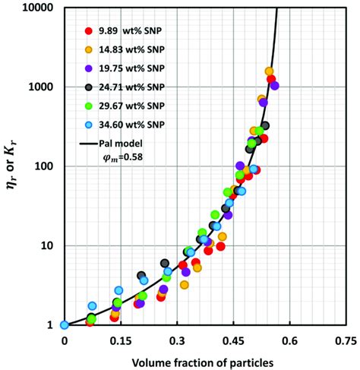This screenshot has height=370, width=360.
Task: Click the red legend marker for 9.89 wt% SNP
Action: point(88,31)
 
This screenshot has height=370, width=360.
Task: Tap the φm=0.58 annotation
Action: point(123,158)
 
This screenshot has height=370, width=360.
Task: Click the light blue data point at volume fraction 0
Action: point(65,325)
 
